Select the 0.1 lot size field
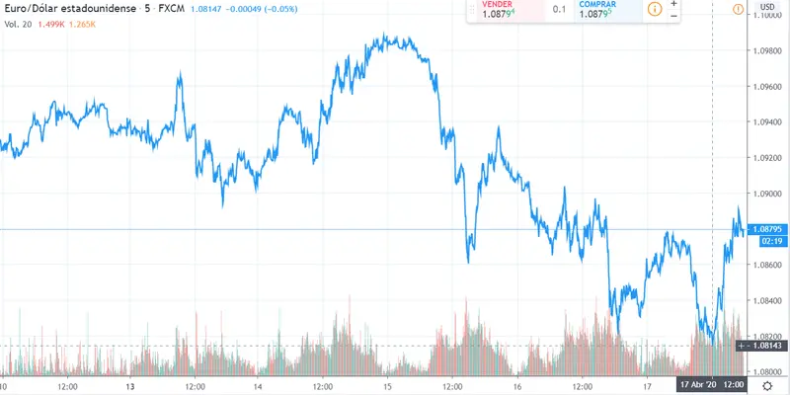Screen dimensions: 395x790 point(558,10)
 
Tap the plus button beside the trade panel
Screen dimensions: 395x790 point(673,4)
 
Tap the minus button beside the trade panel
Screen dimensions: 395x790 point(673,16)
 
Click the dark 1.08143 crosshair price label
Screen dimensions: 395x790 point(766,346)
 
